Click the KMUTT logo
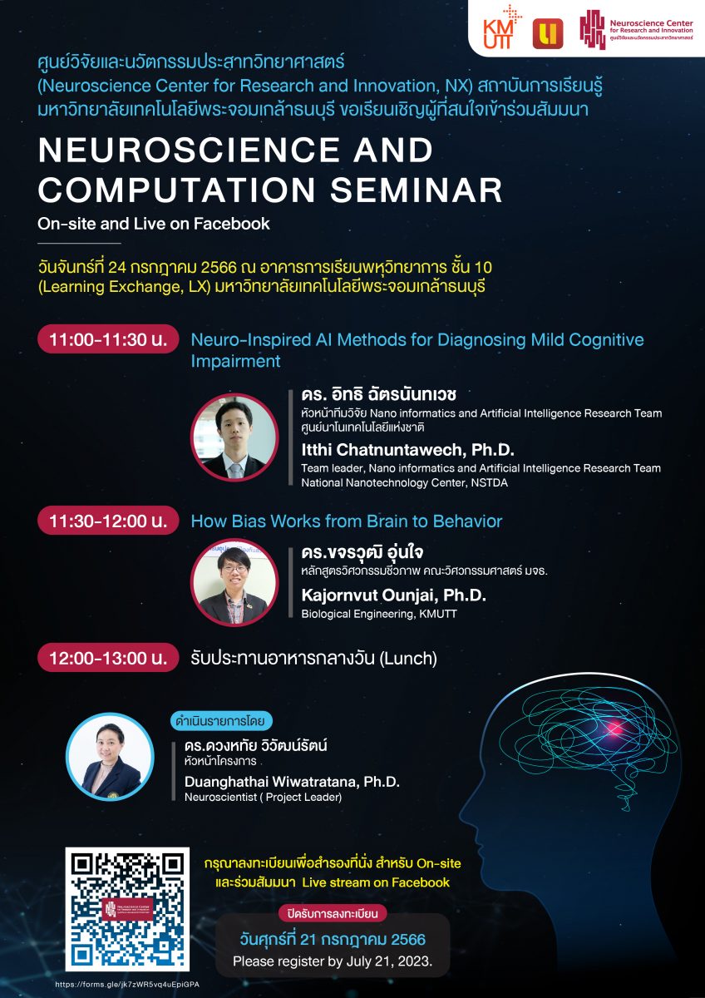click(x=502, y=27)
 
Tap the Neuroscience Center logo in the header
click(x=636, y=29)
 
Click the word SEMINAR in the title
click(x=416, y=190)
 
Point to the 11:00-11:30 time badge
click(x=108, y=339)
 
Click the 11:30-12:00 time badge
click(x=108, y=521)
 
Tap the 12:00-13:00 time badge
click(x=108, y=658)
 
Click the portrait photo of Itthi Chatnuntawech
click(x=234, y=437)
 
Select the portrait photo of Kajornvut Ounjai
click(x=234, y=582)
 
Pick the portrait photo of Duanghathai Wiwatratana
click(x=110, y=757)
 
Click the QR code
click(x=127, y=909)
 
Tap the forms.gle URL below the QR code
click(x=127, y=984)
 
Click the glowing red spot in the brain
click(x=615, y=729)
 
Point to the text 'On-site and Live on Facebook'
click(x=154, y=224)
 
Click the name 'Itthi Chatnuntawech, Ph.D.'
click(x=408, y=450)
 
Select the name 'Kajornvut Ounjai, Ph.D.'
click(x=394, y=595)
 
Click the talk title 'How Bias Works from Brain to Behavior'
click(x=347, y=521)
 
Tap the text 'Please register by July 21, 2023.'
click(x=333, y=961)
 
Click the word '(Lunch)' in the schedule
click(x=408, y=658)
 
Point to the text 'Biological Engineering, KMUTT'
click(x=379, y=614)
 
